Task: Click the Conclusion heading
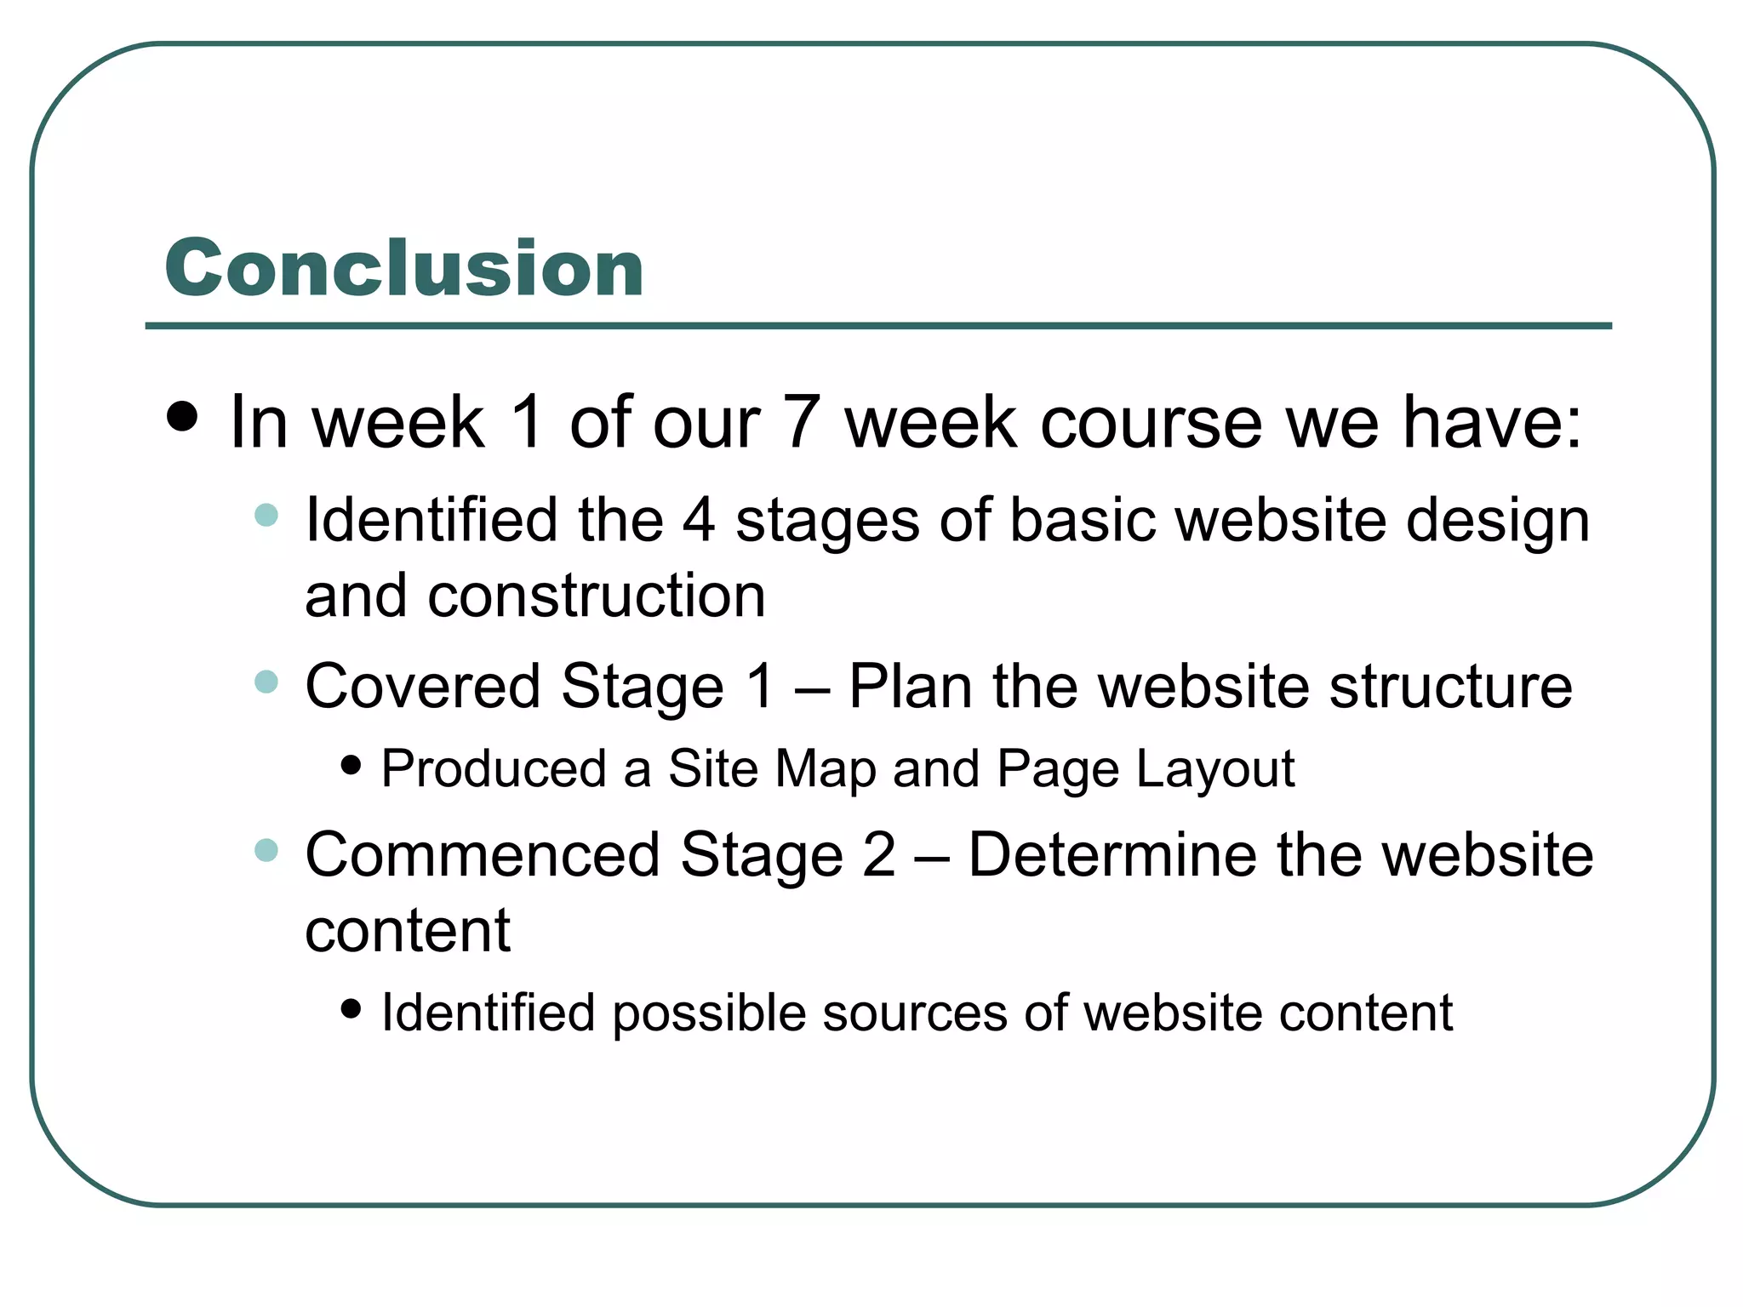pyautogui.click(x=404, y=268)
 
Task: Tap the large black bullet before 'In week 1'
pyautogui.click(x=183, y=417)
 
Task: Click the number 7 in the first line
pyautogui.click(x=802, y=422)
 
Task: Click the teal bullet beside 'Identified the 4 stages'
pyautogui.click(x=266, y=515)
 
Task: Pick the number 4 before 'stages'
pyautogui.click(x=699, y=520)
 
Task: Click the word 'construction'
pyautogui.click(x=597, y=596)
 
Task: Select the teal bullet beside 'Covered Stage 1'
pyautogui.click(x=266, y=682)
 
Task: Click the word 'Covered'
pyautogui.click(x=422, y=686)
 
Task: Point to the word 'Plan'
pyautogui.click(x=910, y=686)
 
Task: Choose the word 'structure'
pyautogui.click(x=1450, y=686)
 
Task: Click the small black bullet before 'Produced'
pyautogui.click(x=350, y=765)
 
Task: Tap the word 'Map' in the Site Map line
pyautogui.click(x=825, y=770)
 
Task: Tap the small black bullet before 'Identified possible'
pyautogui.click(x=350, y=1009)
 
